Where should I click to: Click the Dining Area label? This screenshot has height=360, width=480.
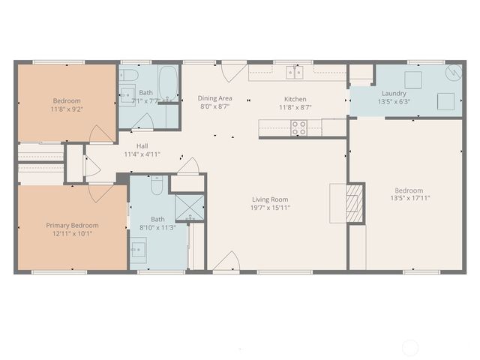pyautogui.click(x=214, y=98)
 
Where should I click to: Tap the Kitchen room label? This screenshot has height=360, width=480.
pyautogui.click(x=295, y=99)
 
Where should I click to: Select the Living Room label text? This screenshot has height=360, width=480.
pyautogui.click(x=270, y=199)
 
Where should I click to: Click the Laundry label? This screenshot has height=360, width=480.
pyautogui.click(x=393, y=93)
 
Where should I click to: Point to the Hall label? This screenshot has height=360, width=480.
pyautogui.click(x=142, y=146)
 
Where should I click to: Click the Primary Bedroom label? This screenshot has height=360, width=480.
pyautogui.click(x=71, y=225)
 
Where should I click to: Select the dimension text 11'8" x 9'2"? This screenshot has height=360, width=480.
pyautogui.click(x=67, y=109)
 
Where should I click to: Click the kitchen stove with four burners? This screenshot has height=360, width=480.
pyautogui.click(x=299, y=128)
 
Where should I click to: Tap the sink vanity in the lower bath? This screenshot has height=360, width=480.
pyautogui.click(x=138, y=249)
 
